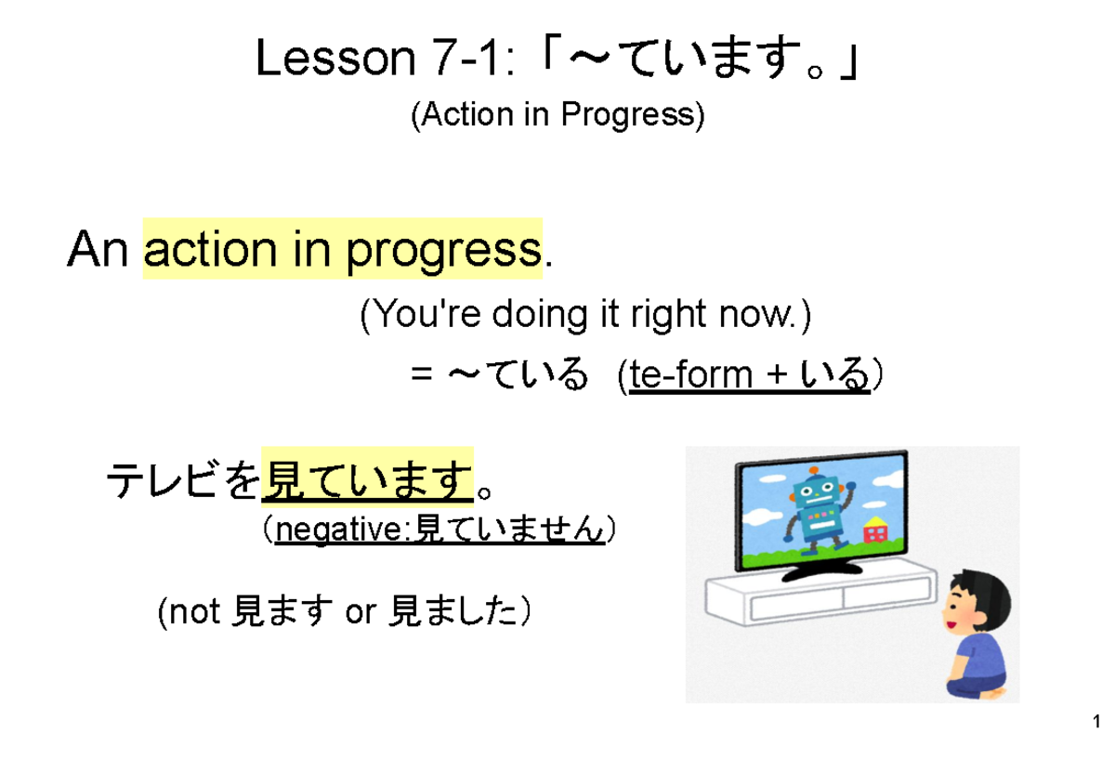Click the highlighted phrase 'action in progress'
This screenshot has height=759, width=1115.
tap(342, 249)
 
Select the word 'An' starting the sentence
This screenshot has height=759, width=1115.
tap(98, 249)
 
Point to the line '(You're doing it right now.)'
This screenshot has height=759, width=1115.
tap(585, 316)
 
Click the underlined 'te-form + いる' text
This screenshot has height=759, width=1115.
tap(750, 375)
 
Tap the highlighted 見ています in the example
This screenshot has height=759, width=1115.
tap(368, 479)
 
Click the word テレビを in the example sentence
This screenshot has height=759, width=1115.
tap(183, 480)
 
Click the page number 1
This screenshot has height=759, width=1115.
tap(1097, 722)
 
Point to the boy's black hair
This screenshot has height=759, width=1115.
tap(980, 595)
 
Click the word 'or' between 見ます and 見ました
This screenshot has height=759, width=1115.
tap(361, 612)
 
